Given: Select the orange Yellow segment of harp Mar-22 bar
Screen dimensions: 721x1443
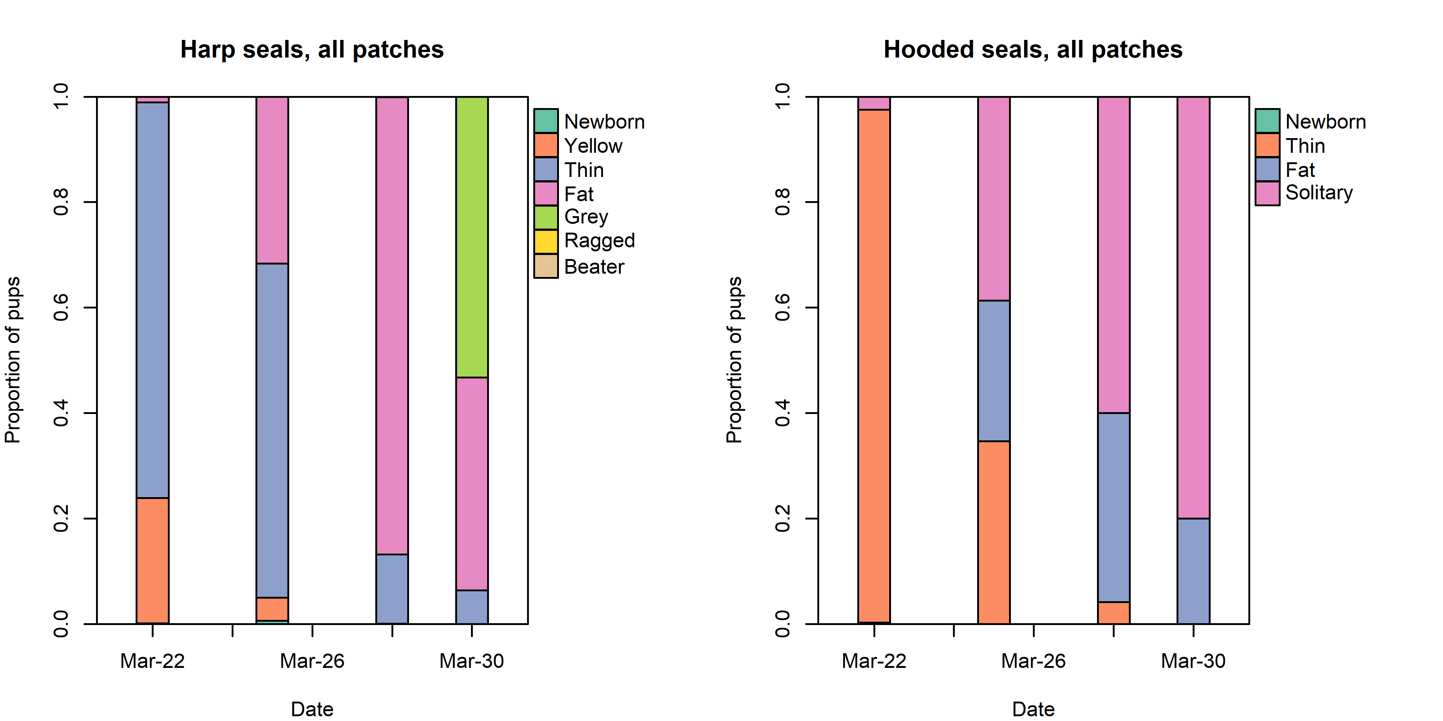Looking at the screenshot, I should pyautogui.click(x=152, y=560).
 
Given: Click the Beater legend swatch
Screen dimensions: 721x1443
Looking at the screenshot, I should pyautogui.click(x=546, y=266).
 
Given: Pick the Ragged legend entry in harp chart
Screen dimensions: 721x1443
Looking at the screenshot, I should pyautogui.click(x=599, y=241).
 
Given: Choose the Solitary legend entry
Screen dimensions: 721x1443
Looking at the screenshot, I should pyautogui.click(x=1319, y=193).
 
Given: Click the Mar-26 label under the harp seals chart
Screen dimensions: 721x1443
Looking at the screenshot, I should pyautogui.click(x=312, y=661).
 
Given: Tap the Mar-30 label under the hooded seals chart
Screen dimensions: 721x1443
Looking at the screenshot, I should pyautogui.click(x=1193, y=661).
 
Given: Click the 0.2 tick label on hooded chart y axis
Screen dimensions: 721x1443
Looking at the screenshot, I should pyautogui.click(x=782, y=518).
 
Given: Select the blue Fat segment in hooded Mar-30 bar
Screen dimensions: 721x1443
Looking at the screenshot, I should pyautogui.click(x=1193, y=571).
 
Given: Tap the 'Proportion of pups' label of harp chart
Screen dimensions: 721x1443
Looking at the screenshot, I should pyautogui.click(x=12, y=360).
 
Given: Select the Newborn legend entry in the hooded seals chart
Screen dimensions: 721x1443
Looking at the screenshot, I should pyautogui.click(x=1325, y=122).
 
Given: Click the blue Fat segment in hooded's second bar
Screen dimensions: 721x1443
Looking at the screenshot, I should pyautogui.click(x=994, y=371).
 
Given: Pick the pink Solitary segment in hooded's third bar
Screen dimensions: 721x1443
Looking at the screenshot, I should pyautogui.click(x=1113, y=255).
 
